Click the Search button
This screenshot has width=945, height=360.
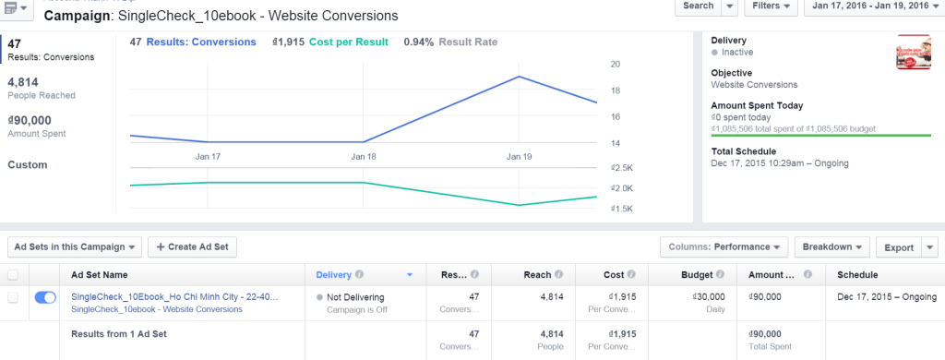[698, 6]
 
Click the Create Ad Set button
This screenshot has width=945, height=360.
[192, 247]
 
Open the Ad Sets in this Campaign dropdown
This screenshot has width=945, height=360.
[76, 247]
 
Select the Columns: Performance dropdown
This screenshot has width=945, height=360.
[724, 247]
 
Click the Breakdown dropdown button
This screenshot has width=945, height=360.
[831, 247]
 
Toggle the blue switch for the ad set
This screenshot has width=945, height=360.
[45, 297]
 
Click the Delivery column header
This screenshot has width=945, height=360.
[333, 275]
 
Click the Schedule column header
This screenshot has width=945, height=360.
[857, 275]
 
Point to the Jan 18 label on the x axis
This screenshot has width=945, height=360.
[365, 158]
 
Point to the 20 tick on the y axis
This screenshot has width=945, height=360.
[615, 65]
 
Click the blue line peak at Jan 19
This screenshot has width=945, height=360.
[520, 77]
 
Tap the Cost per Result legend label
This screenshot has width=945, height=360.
[349, 42]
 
